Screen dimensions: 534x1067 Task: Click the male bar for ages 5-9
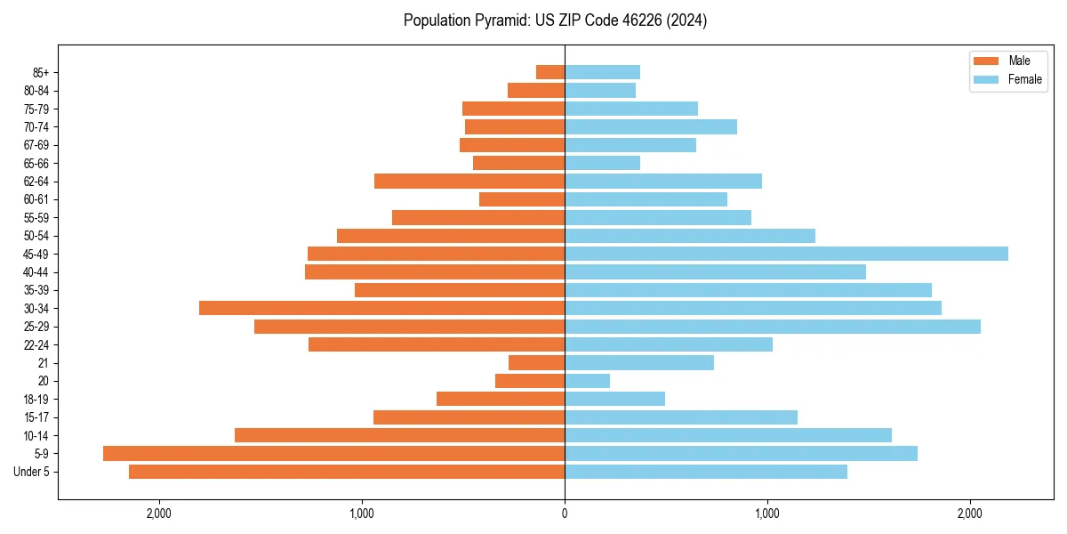[x=333, y=454]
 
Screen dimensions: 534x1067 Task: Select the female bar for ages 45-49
[x=786, y=254]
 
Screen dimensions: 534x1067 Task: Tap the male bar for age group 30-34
[x=381, y=308]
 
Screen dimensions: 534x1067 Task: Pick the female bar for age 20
[x=587, y=381]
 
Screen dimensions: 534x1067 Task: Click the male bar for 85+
[x=550, y=72]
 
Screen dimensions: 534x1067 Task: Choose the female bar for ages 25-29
[x=772, y=327]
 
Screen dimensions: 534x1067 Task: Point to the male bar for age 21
[x=536, y=363]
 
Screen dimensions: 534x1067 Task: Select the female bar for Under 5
[x=705, y=472]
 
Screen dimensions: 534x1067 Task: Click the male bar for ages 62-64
[x=469, y=182]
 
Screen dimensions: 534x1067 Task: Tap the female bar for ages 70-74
[x=650, y=126]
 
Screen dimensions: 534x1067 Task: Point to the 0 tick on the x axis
[x=565, y=514]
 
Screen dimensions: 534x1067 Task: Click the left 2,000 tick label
[x=159, y=514]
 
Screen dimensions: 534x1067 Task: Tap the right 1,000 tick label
[x=767, y=514]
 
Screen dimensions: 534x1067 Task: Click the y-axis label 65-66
[x=36, y=163]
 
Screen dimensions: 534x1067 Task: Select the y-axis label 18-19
[x=36, y=400]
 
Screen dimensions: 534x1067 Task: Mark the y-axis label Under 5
[x=32, y=472]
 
